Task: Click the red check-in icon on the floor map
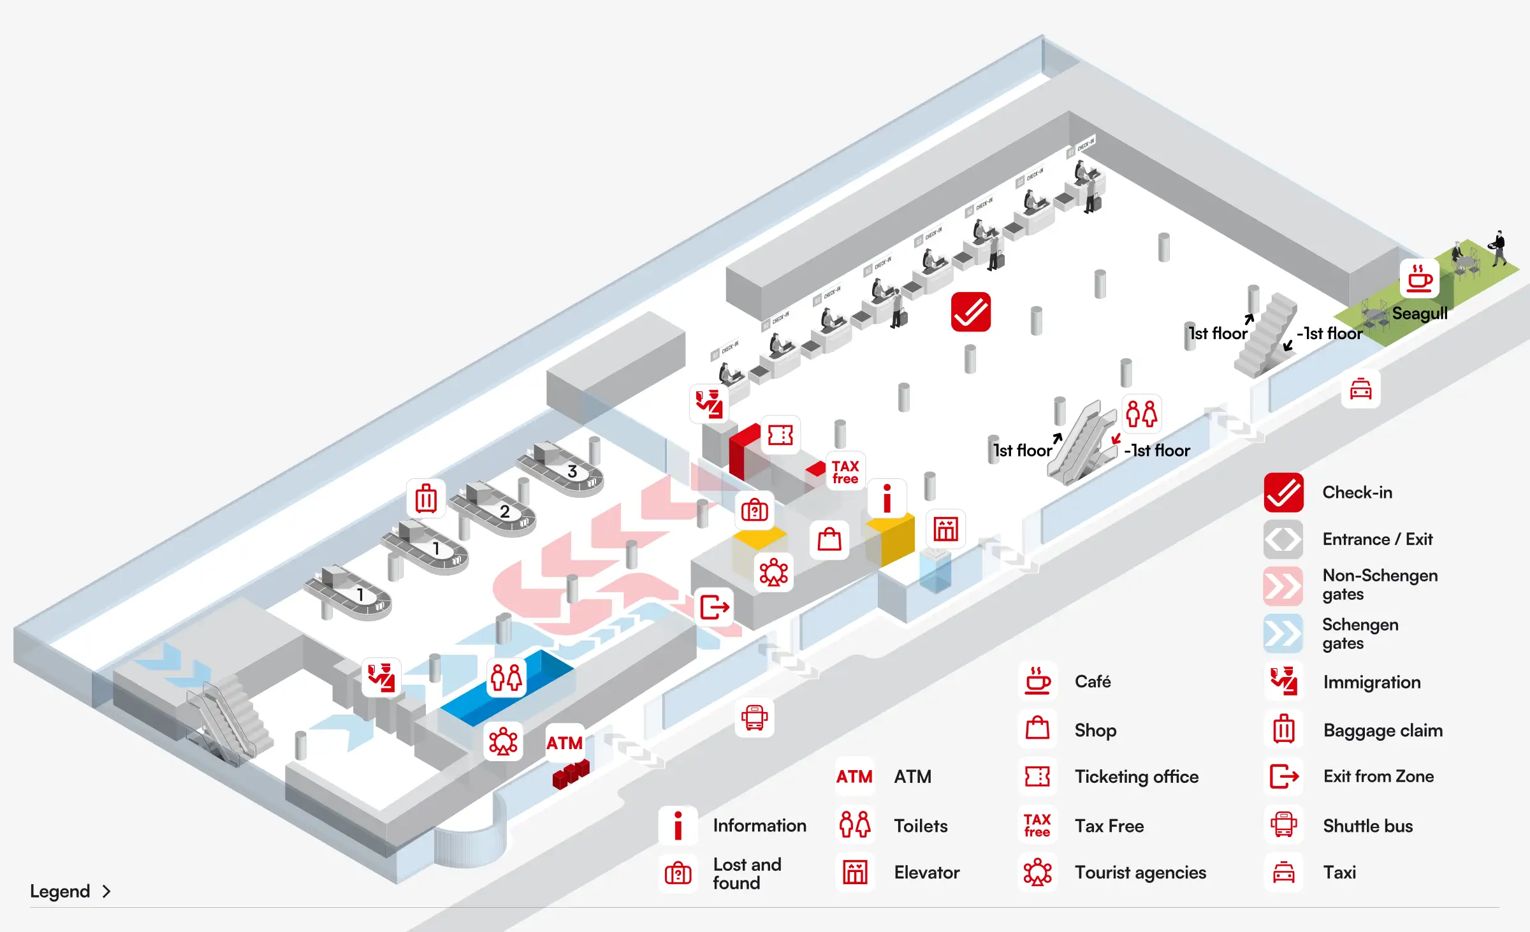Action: click(x=970, y=312)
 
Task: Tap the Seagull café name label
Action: click(x=1419, y=314)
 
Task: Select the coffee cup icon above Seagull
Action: click(x=1420, y=279)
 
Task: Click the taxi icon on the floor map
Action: click(x=1360, y=389)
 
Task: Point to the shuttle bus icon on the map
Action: click(x=754, y=718)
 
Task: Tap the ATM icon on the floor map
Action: click(x=564, y=743)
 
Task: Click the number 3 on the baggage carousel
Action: click(x=572, y=472)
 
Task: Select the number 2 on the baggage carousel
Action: click(x=504, y=512)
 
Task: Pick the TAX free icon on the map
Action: click(x=845, y=472)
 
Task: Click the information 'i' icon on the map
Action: click(x=887, y=498)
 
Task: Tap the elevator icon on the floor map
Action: click(x=945, y=529)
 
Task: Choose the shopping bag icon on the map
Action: click(x=829, y=539)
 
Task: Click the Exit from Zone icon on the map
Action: click(x=714, y=607)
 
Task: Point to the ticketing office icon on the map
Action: click(x=780, y=435)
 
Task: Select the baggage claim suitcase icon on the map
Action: click(x=426, y=498)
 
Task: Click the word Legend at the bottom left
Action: click(x=60, y=891)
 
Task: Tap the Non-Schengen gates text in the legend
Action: click(x=1380, y=585)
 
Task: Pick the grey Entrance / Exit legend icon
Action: click(x=1283, y=539)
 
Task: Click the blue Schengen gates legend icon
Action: click(x=1283, y=634)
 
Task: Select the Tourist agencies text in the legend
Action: click(x=1140, y=873)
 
